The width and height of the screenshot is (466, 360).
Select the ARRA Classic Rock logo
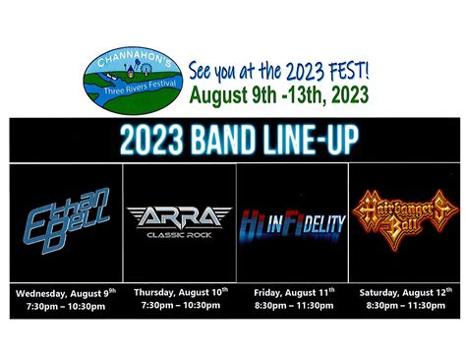[x=179, y=221]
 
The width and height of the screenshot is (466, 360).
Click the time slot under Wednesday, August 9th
[x=65, y=306]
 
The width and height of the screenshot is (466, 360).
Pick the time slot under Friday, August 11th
[x=293, y=306]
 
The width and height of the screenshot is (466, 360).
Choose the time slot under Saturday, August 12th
[x=404, y=306]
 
